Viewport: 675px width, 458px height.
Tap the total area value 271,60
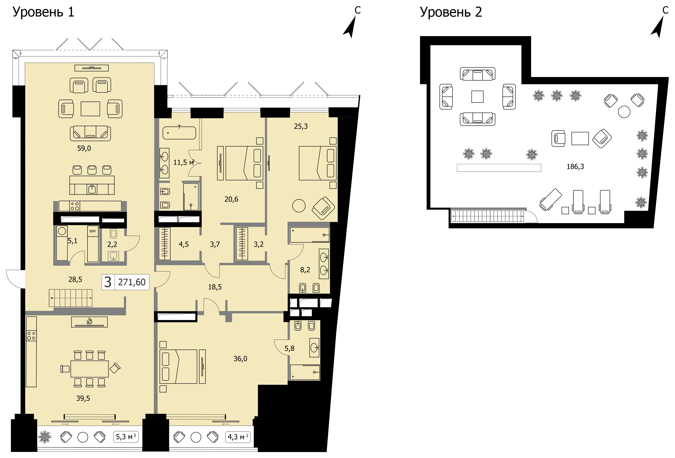[x=132, y=282]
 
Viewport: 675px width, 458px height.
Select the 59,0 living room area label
[x=84, y=148]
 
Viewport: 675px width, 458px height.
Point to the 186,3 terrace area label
[x=575, y=167]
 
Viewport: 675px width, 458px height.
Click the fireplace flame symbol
[x=89, y=321]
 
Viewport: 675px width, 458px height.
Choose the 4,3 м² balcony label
[x=238, y=436]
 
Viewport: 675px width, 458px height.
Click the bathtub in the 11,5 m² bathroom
[x=179, y=133]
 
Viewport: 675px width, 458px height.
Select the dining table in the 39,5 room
[x=90, y=369]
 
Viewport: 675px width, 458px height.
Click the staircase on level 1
[x=71, y=298]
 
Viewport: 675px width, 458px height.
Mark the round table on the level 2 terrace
[x=624, y=112]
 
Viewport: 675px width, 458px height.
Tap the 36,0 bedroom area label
[x=240, y=359]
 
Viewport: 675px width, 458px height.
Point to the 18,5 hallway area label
[x=215, y=287]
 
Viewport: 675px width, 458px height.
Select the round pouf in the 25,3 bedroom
[x=299, y=206]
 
